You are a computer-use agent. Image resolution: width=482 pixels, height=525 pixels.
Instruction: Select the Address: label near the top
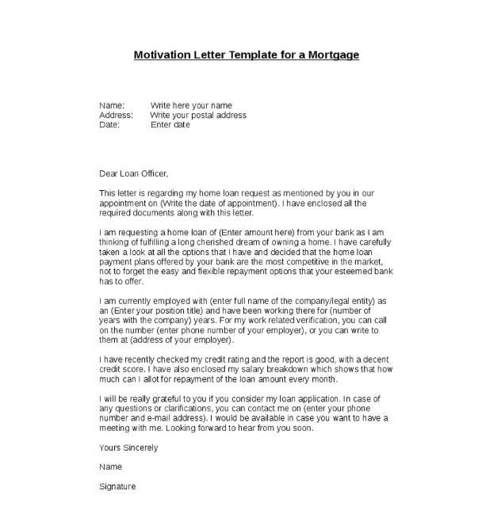116,115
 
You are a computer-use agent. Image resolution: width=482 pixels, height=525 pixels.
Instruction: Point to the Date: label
109,124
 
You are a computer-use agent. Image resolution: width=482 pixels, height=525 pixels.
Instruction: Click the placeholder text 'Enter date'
170,124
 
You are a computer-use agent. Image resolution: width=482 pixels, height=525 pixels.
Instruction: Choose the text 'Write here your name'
191,105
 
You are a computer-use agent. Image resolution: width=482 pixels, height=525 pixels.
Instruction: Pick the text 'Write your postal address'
198,115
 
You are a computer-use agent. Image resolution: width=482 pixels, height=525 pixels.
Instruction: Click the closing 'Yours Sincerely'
128,448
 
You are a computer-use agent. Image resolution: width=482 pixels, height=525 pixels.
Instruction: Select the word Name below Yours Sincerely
111,467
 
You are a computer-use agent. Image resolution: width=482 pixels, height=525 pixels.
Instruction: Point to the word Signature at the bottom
117,486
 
